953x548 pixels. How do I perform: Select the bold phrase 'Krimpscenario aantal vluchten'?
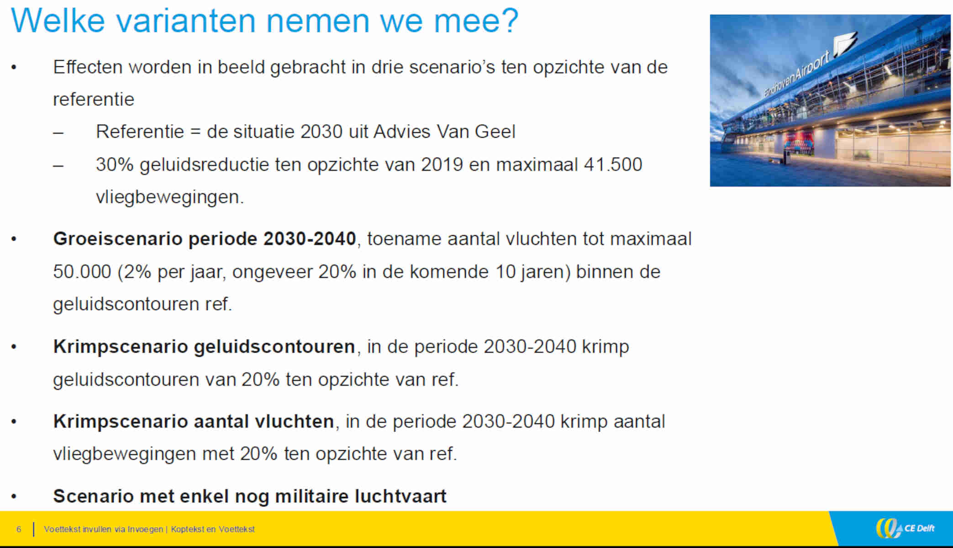194,422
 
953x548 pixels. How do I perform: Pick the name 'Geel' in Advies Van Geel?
495,132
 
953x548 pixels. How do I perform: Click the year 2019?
442,165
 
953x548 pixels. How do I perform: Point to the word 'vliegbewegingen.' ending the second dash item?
170,197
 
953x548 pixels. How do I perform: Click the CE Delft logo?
905,528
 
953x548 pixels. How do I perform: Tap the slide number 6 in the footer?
19,529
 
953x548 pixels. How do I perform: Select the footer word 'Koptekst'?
187,529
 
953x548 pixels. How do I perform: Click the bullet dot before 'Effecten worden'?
14,68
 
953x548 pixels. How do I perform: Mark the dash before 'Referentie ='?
58,133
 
